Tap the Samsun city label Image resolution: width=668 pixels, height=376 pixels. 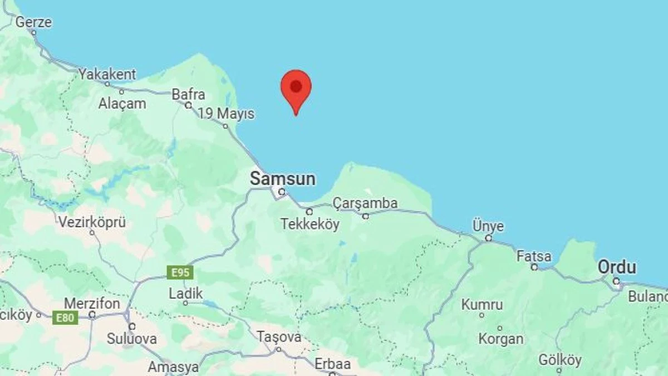click(282, 179)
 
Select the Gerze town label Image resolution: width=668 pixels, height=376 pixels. click(33, 22)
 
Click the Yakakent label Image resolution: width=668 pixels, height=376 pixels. click(107, 74)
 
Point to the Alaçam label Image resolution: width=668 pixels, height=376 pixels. click(122, 103)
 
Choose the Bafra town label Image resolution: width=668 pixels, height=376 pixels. click(188, 94)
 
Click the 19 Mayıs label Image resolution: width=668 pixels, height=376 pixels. click(226, 114)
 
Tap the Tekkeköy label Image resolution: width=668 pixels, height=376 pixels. click(310, 224)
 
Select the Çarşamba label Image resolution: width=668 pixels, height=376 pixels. click(365, 203)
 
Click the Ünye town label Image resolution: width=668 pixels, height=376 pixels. click(488, 227)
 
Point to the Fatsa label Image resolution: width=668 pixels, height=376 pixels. click(534, 257)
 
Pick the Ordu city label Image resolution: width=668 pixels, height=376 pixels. click(617, 267)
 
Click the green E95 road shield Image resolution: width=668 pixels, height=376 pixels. click(180, 273)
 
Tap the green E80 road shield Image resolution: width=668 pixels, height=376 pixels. click(65, 318)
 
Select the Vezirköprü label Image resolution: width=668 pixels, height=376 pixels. click(92, 222)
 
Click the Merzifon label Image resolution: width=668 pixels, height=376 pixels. click(92, 304)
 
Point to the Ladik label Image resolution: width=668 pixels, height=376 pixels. click(185, 293)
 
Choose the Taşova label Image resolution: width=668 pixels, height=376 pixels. click(279, 337)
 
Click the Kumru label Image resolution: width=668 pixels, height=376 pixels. click(482, 305)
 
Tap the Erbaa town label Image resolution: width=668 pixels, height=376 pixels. click(332, 364)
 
